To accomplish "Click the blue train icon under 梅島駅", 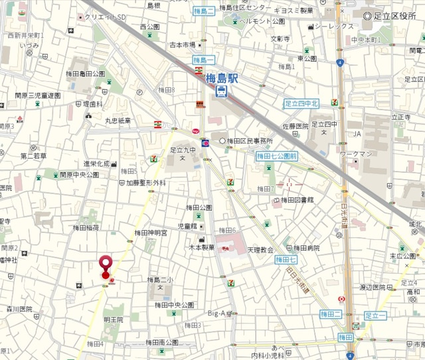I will pos(222,92).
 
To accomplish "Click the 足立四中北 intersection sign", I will pos(301,104).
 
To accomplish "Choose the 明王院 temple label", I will pos(113,319).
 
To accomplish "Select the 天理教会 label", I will pos(260,250).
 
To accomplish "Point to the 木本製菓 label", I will pos(200,247).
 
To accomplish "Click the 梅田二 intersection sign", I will pos(331,314).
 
